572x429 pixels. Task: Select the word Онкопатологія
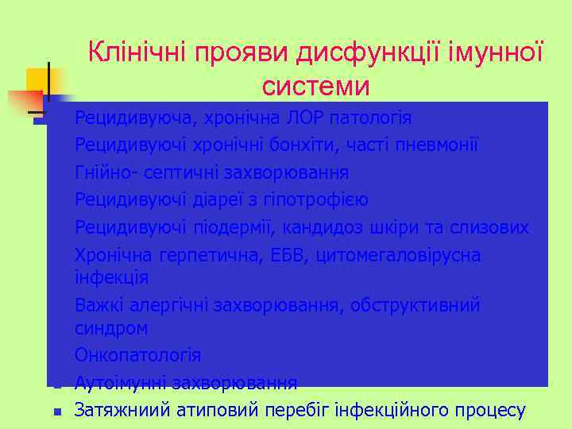tap(138, 355)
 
